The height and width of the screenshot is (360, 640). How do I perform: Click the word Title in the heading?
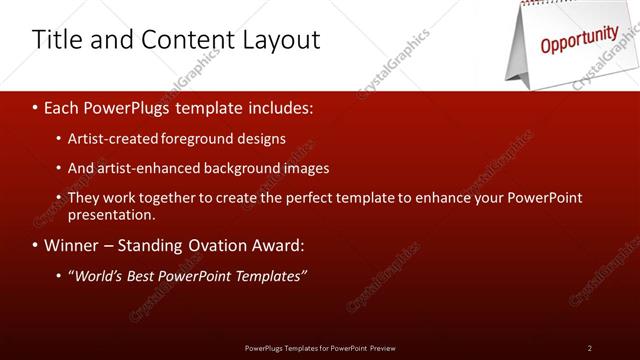click(x=54, y=40)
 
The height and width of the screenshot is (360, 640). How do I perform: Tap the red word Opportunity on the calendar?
click(x=579, y=40)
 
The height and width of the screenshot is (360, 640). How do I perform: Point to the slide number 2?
click(x=590, y=347)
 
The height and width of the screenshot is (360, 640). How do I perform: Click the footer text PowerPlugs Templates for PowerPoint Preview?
click(x=319, y=347)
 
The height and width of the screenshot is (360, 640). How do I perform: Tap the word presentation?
click(x=111, y=214)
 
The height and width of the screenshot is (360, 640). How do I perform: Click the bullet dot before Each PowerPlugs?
click(x=36, y=107)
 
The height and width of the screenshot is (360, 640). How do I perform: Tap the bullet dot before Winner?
click(x=36, y=246)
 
